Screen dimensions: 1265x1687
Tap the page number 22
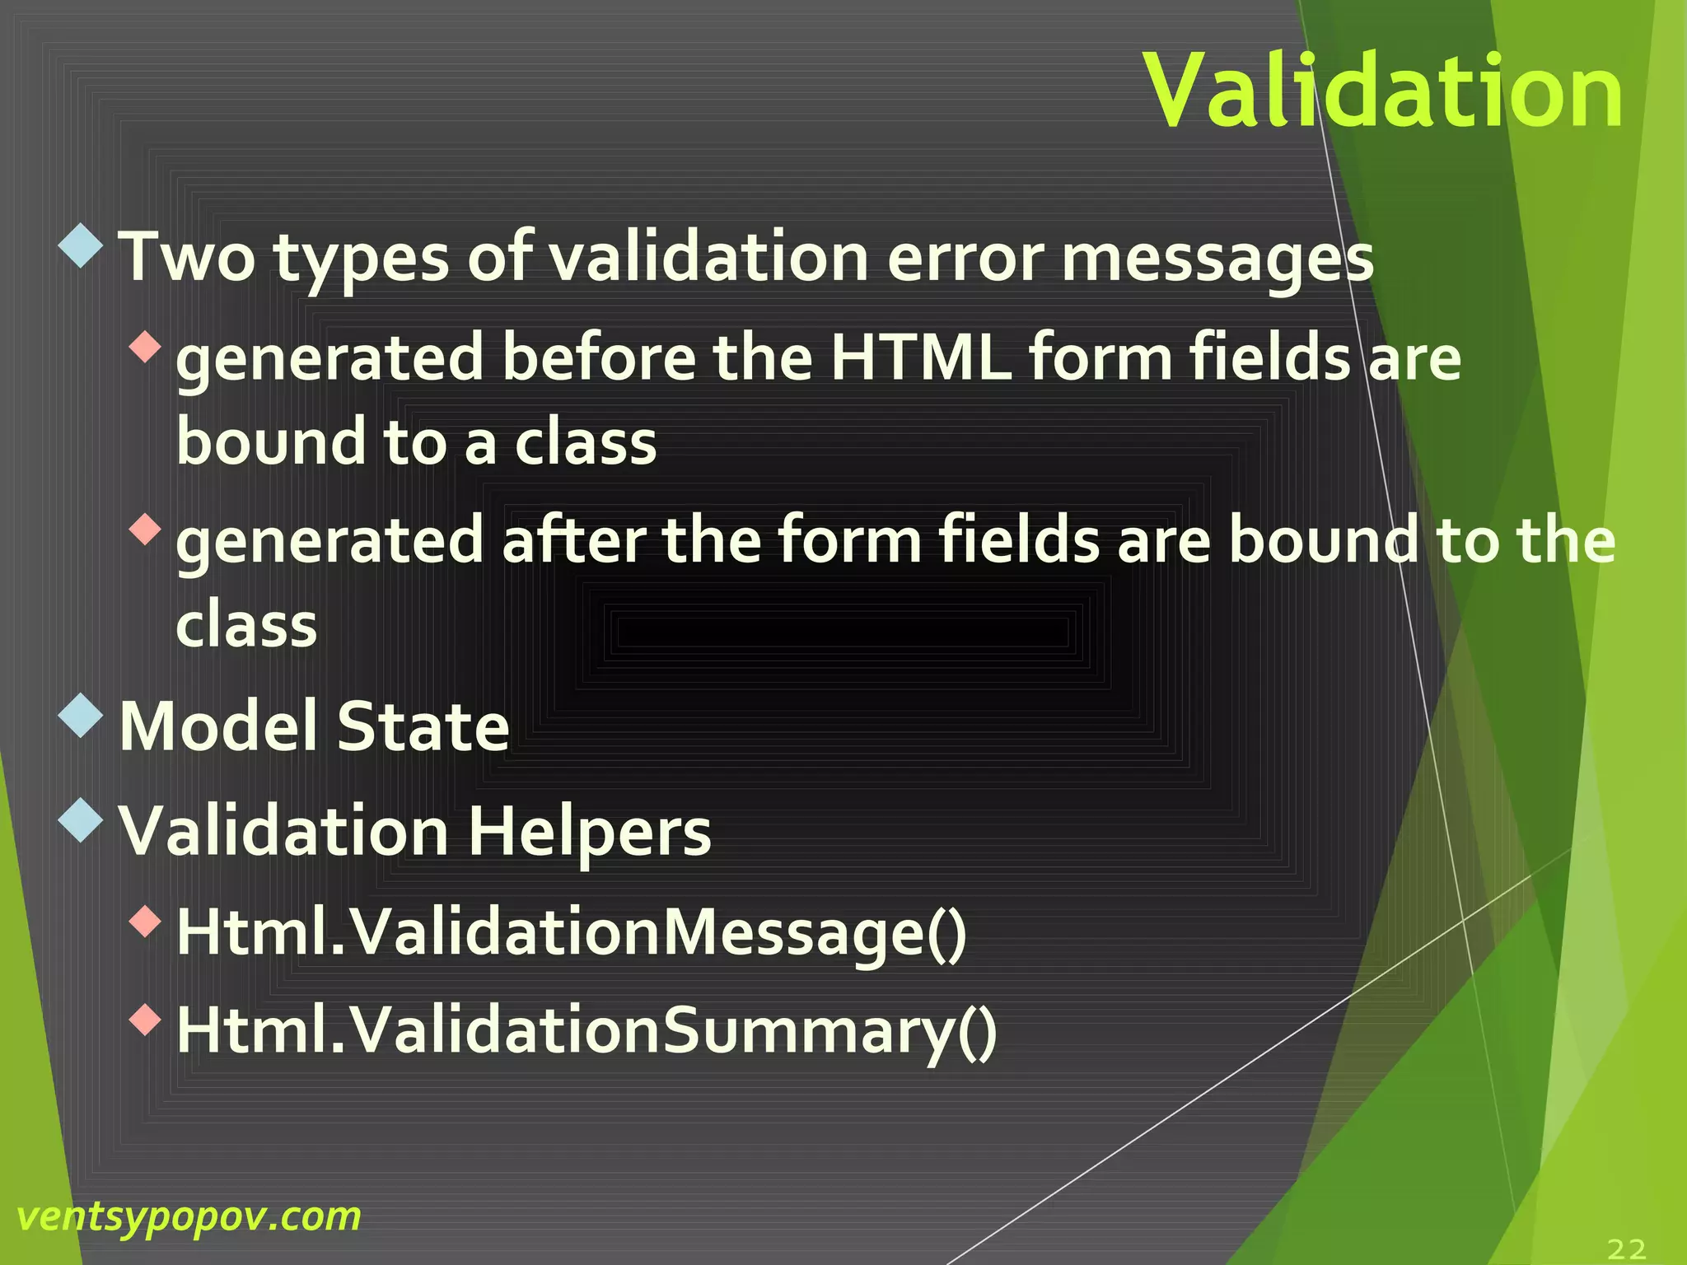1626,1249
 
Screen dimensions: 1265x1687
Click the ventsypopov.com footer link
189,1217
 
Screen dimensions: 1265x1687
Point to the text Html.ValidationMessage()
572,932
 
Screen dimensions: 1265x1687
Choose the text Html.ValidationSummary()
586,1031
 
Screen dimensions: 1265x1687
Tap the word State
423,726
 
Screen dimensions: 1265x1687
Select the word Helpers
590,832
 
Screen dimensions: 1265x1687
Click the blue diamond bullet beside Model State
82,716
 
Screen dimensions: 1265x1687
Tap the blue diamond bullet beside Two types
82,245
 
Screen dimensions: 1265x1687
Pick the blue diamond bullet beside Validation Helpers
82,820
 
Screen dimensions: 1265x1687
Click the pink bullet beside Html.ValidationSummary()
146,1020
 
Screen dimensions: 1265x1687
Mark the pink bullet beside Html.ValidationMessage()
146,921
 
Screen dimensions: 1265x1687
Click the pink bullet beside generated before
146,347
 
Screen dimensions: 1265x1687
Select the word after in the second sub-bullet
574,540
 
